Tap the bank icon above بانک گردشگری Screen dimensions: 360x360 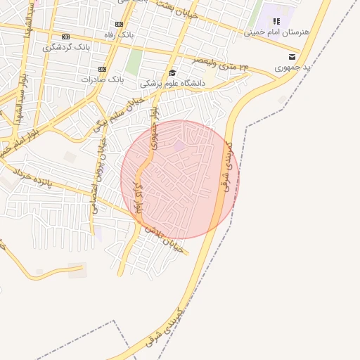(x=66, y=37)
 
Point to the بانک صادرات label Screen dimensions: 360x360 (x=102, y=79)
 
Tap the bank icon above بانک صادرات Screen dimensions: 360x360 (x=102, y=69)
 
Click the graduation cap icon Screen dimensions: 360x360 (x=172, y=73)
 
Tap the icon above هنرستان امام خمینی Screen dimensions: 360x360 (x=276, y=22)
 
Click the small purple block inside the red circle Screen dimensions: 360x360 (x=181, y=146)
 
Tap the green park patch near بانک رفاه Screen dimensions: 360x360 (x=134, y=62)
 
